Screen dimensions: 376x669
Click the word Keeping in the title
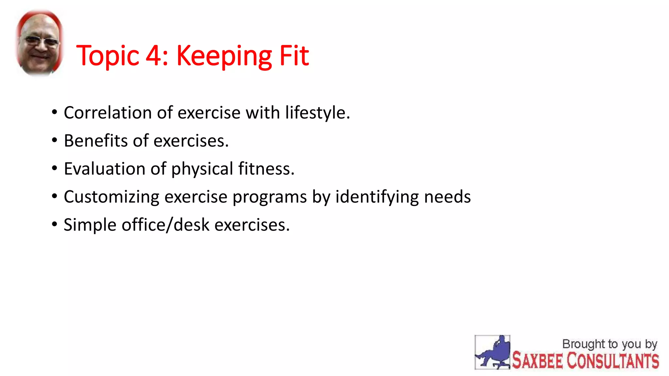point(224,56)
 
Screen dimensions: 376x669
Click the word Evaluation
point(105,169)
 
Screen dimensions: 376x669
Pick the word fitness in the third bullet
point(266,169)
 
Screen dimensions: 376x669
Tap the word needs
point(447,197)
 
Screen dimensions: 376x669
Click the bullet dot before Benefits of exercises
point(55,140)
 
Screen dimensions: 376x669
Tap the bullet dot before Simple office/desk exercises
point(55,225)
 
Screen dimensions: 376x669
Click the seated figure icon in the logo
point(492,352)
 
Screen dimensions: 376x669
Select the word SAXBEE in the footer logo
point(537,361)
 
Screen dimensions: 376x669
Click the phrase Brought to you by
point(610,344)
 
